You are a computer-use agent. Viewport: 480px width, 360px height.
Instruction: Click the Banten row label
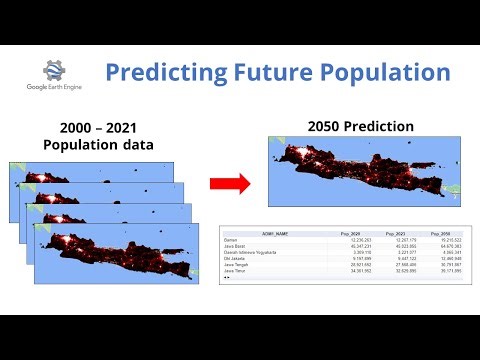(235, 240)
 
